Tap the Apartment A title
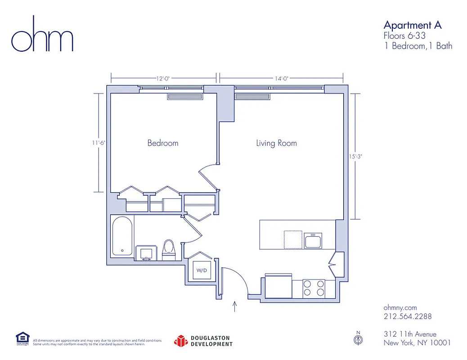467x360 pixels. coord(412,25)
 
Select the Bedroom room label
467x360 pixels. coord(163,143)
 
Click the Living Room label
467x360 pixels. coord(276,143)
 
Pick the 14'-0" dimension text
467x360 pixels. coord(281,78)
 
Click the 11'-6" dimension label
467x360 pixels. coord(99,143)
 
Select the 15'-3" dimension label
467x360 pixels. coord(355,157)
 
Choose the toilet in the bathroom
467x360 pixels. coord(168,249)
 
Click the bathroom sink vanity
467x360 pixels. coord(146,253)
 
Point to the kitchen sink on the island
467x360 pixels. coord(313,241)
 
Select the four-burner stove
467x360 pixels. coord(314,288)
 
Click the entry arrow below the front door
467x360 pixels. coord(234,306)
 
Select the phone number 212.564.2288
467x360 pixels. coord(407,316)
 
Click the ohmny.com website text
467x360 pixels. coord(400,308)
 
